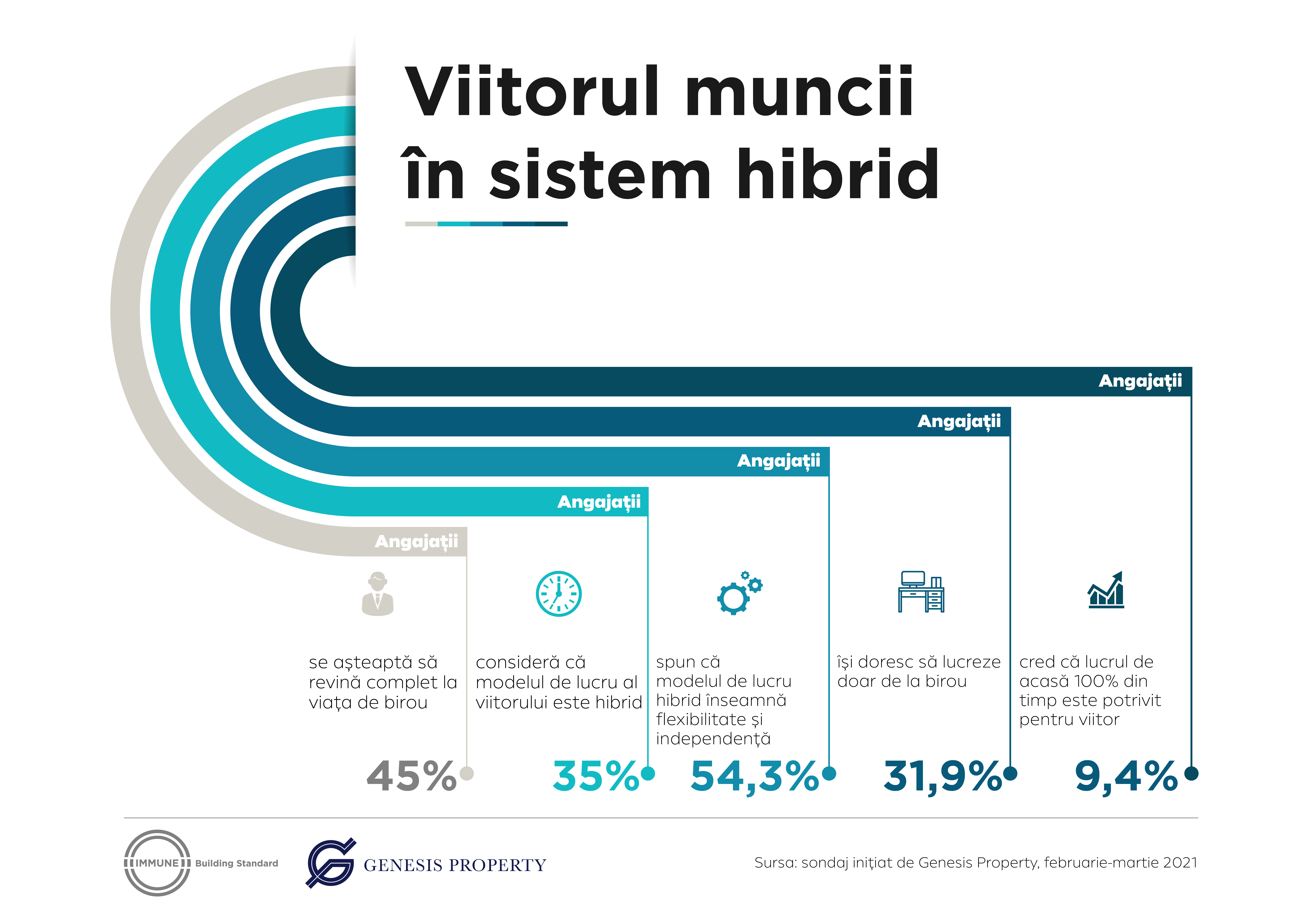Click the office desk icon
(921, 592)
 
